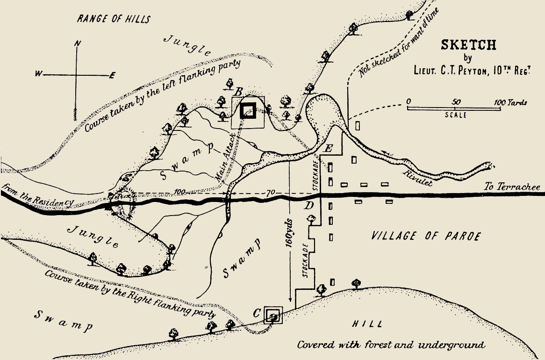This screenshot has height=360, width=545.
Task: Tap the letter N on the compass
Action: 78,43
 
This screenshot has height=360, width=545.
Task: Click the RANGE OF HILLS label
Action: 114,19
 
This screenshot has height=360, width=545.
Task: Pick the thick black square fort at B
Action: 248,111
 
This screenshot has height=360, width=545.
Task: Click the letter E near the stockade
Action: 329,149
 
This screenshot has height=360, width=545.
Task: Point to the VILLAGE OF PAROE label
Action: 425,236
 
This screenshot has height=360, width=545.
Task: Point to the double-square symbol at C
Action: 272,316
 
